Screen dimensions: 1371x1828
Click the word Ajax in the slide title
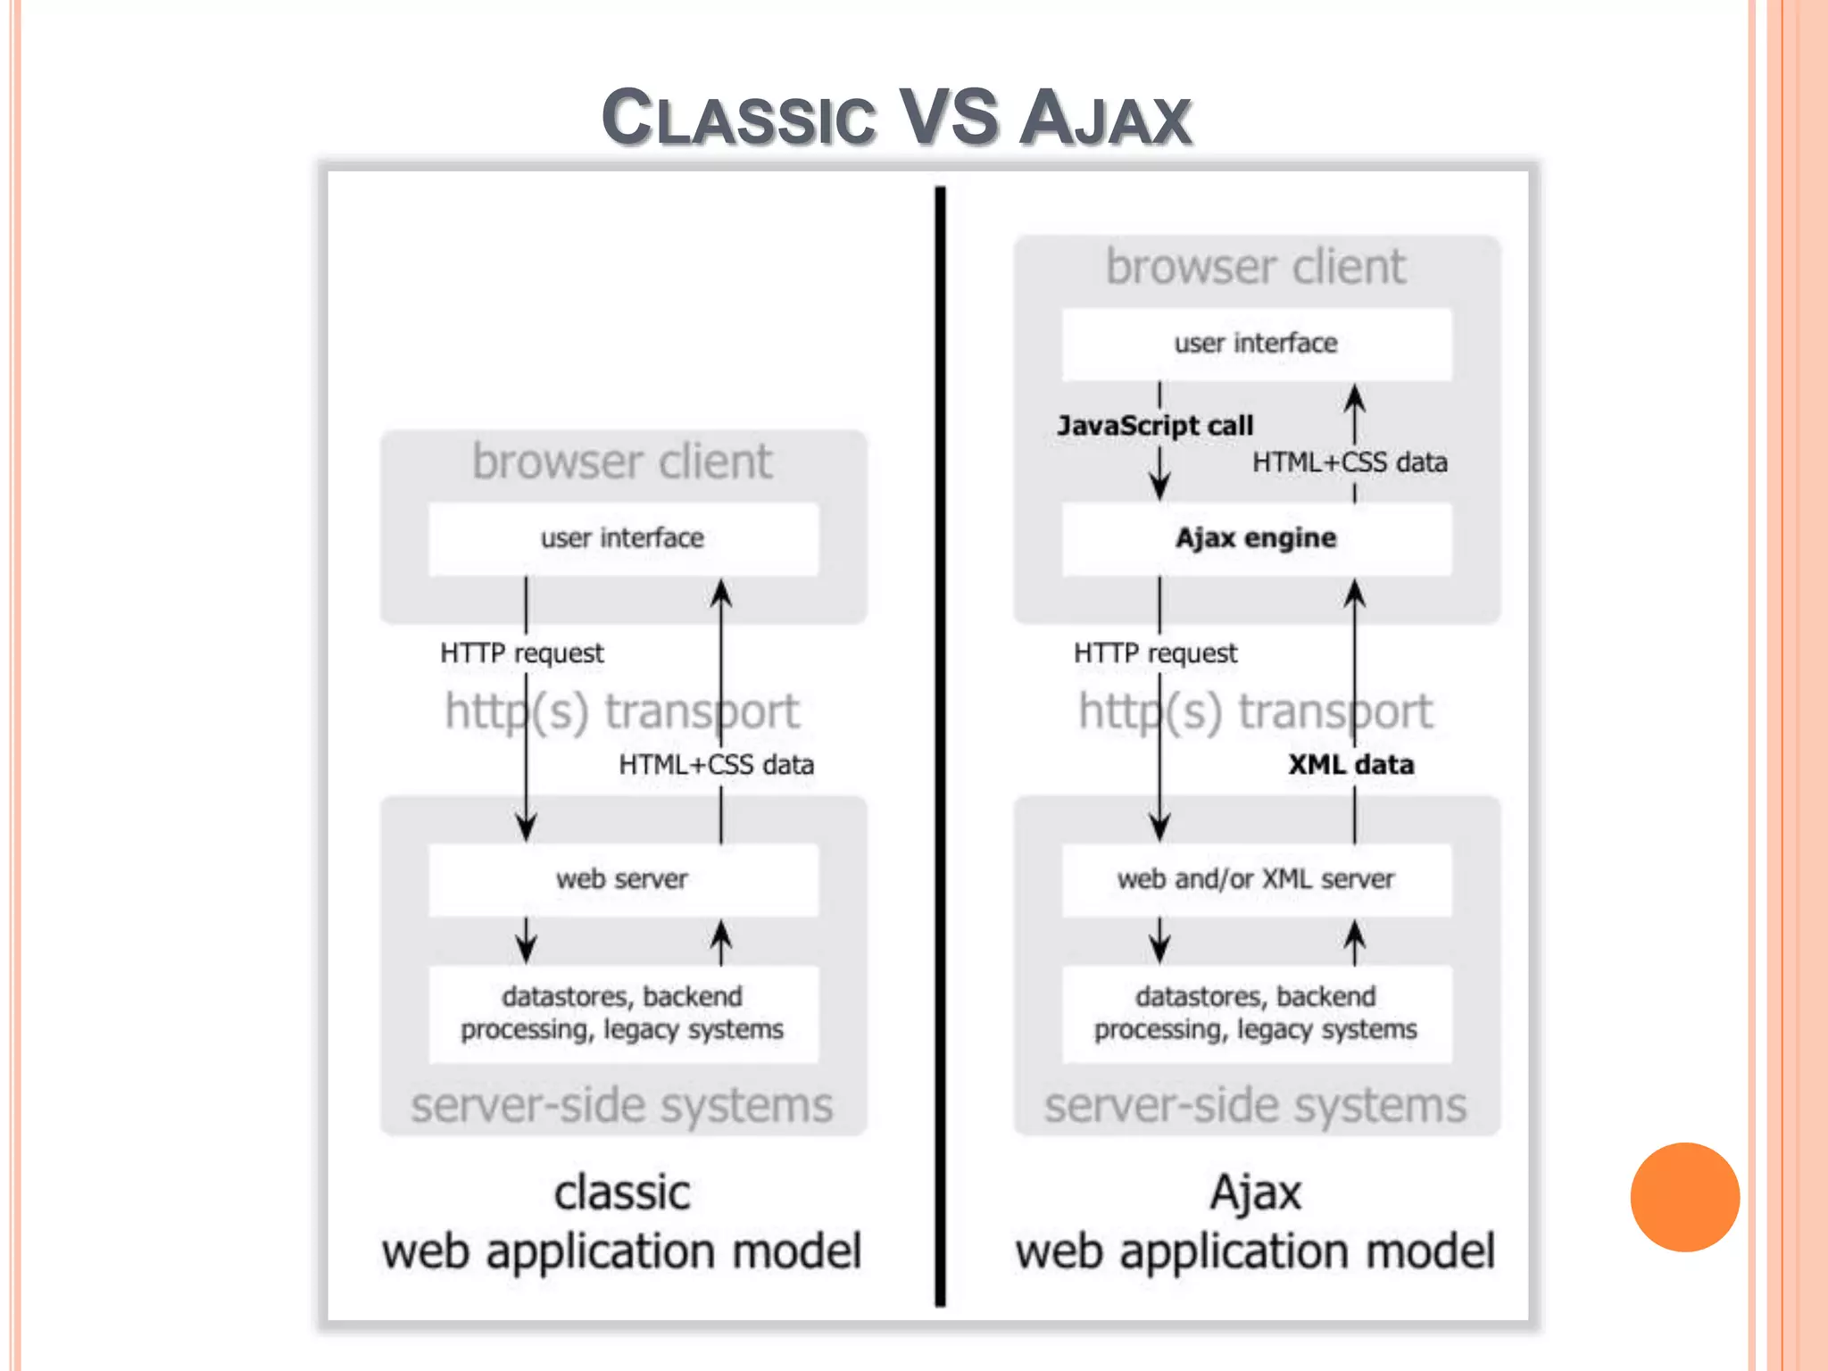[x=1105, y=118]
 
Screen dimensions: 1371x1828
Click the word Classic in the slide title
[x=738, y=118]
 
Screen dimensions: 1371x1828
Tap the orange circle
[x=1684, y=1197]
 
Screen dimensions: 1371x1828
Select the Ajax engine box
[x=1256, y=538]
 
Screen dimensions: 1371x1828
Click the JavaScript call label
[x=1155, y=426]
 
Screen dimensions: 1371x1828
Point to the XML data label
[x=1350, y=765]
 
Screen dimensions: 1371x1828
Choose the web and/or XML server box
[x=1256, y=879]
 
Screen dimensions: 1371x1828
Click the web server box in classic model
[x=622, y=879]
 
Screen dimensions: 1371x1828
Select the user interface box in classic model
[x=622, y=538]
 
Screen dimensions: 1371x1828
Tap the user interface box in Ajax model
[x=1256, y=344]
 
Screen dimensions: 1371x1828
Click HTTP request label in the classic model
[x=522, y=653]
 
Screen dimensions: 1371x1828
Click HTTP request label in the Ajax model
[x=1155, y=653]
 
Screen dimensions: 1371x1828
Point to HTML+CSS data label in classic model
[x=716, y=765]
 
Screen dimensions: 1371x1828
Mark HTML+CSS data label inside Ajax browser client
[x=1350, y=462]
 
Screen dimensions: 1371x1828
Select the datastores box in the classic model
[x=622, y=1013]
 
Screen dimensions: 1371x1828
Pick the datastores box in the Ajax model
[x=1256, y=1013]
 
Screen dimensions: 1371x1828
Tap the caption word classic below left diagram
[x=622, y=1193]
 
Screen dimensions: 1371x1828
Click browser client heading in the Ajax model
[x=1256, y=267]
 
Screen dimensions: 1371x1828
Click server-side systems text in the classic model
[x=622, y=1106]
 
